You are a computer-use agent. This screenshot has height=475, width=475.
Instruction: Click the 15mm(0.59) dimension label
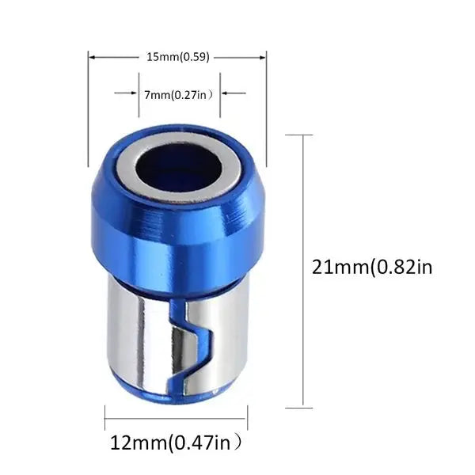[x=177, y=57]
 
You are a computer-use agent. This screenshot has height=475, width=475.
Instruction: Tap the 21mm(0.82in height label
[x=373, y=267]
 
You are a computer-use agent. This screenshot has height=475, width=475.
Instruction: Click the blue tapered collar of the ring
[x=178, y=234]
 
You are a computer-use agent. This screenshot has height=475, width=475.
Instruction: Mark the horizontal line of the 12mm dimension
[x=176, y=418]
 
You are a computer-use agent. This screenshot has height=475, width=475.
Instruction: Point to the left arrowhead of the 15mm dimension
[x=91, y=57]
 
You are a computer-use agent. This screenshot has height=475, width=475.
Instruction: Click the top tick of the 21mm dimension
[x=298, y=135]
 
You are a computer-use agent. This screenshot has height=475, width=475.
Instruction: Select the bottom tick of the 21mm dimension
[x=298, y=408]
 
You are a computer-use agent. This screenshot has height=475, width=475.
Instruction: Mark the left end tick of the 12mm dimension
[x=104, y=418]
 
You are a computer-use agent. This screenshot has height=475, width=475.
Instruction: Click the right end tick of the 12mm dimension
[x=247, y=418]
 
